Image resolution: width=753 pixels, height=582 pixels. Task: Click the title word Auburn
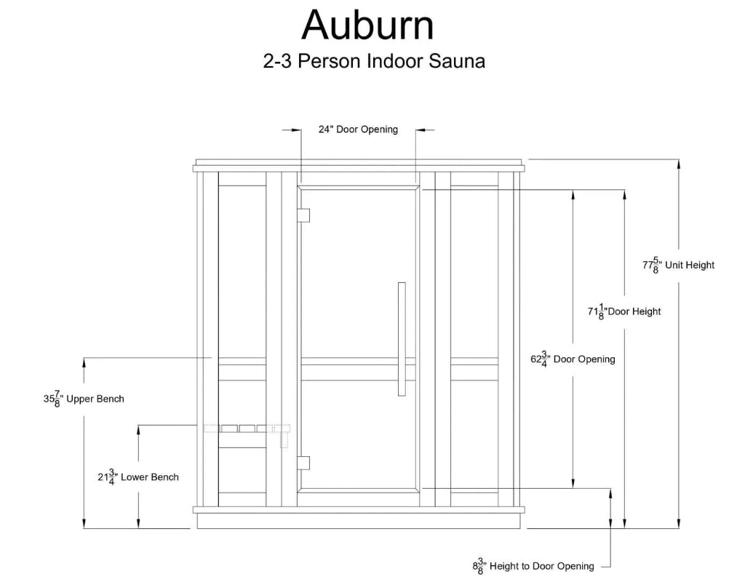367,25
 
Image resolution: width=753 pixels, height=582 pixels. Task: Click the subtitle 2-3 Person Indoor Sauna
374,61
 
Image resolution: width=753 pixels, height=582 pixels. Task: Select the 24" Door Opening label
358,129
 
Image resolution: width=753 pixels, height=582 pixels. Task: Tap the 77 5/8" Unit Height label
678,266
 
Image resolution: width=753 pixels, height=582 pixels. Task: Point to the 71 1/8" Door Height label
624,312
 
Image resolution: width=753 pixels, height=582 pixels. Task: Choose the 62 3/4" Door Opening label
573,359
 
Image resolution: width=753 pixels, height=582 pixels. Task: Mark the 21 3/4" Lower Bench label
138,478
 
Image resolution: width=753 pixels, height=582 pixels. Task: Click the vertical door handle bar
402,339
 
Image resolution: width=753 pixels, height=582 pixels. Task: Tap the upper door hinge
304,215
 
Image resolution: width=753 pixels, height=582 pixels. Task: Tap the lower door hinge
304,463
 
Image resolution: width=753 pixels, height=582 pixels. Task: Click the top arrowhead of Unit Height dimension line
679,164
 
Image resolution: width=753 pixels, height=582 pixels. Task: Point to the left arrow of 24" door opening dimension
296,130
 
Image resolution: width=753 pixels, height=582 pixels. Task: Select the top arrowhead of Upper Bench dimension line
85,362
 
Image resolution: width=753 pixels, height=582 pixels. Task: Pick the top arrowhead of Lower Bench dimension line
138,430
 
